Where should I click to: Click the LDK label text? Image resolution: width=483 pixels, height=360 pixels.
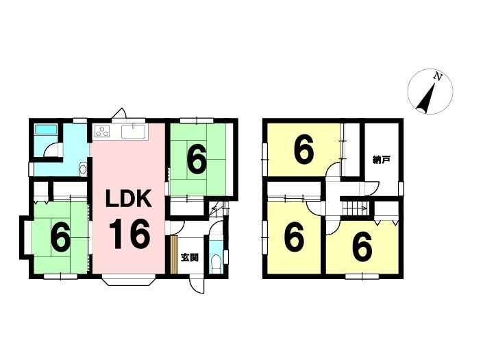click(128, 198)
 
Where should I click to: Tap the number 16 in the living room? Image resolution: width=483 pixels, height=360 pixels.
click(129, 234)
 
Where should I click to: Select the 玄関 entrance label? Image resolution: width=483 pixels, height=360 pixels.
click(189, 257)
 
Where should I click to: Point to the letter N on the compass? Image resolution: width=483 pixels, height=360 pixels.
click(437, 76)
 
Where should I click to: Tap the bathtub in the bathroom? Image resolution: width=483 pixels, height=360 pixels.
click(46, 130)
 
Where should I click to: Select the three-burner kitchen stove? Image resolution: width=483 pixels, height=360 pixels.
click(103, 132)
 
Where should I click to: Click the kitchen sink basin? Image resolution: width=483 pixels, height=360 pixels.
click(134, 132)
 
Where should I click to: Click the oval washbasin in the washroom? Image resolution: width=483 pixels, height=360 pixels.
click(83, 169)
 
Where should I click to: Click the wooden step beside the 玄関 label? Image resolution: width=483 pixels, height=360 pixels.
click(174, 255)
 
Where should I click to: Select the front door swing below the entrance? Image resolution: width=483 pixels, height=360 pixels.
click(197, 285)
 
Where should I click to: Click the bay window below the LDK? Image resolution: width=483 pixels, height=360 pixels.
click(127, 280)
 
